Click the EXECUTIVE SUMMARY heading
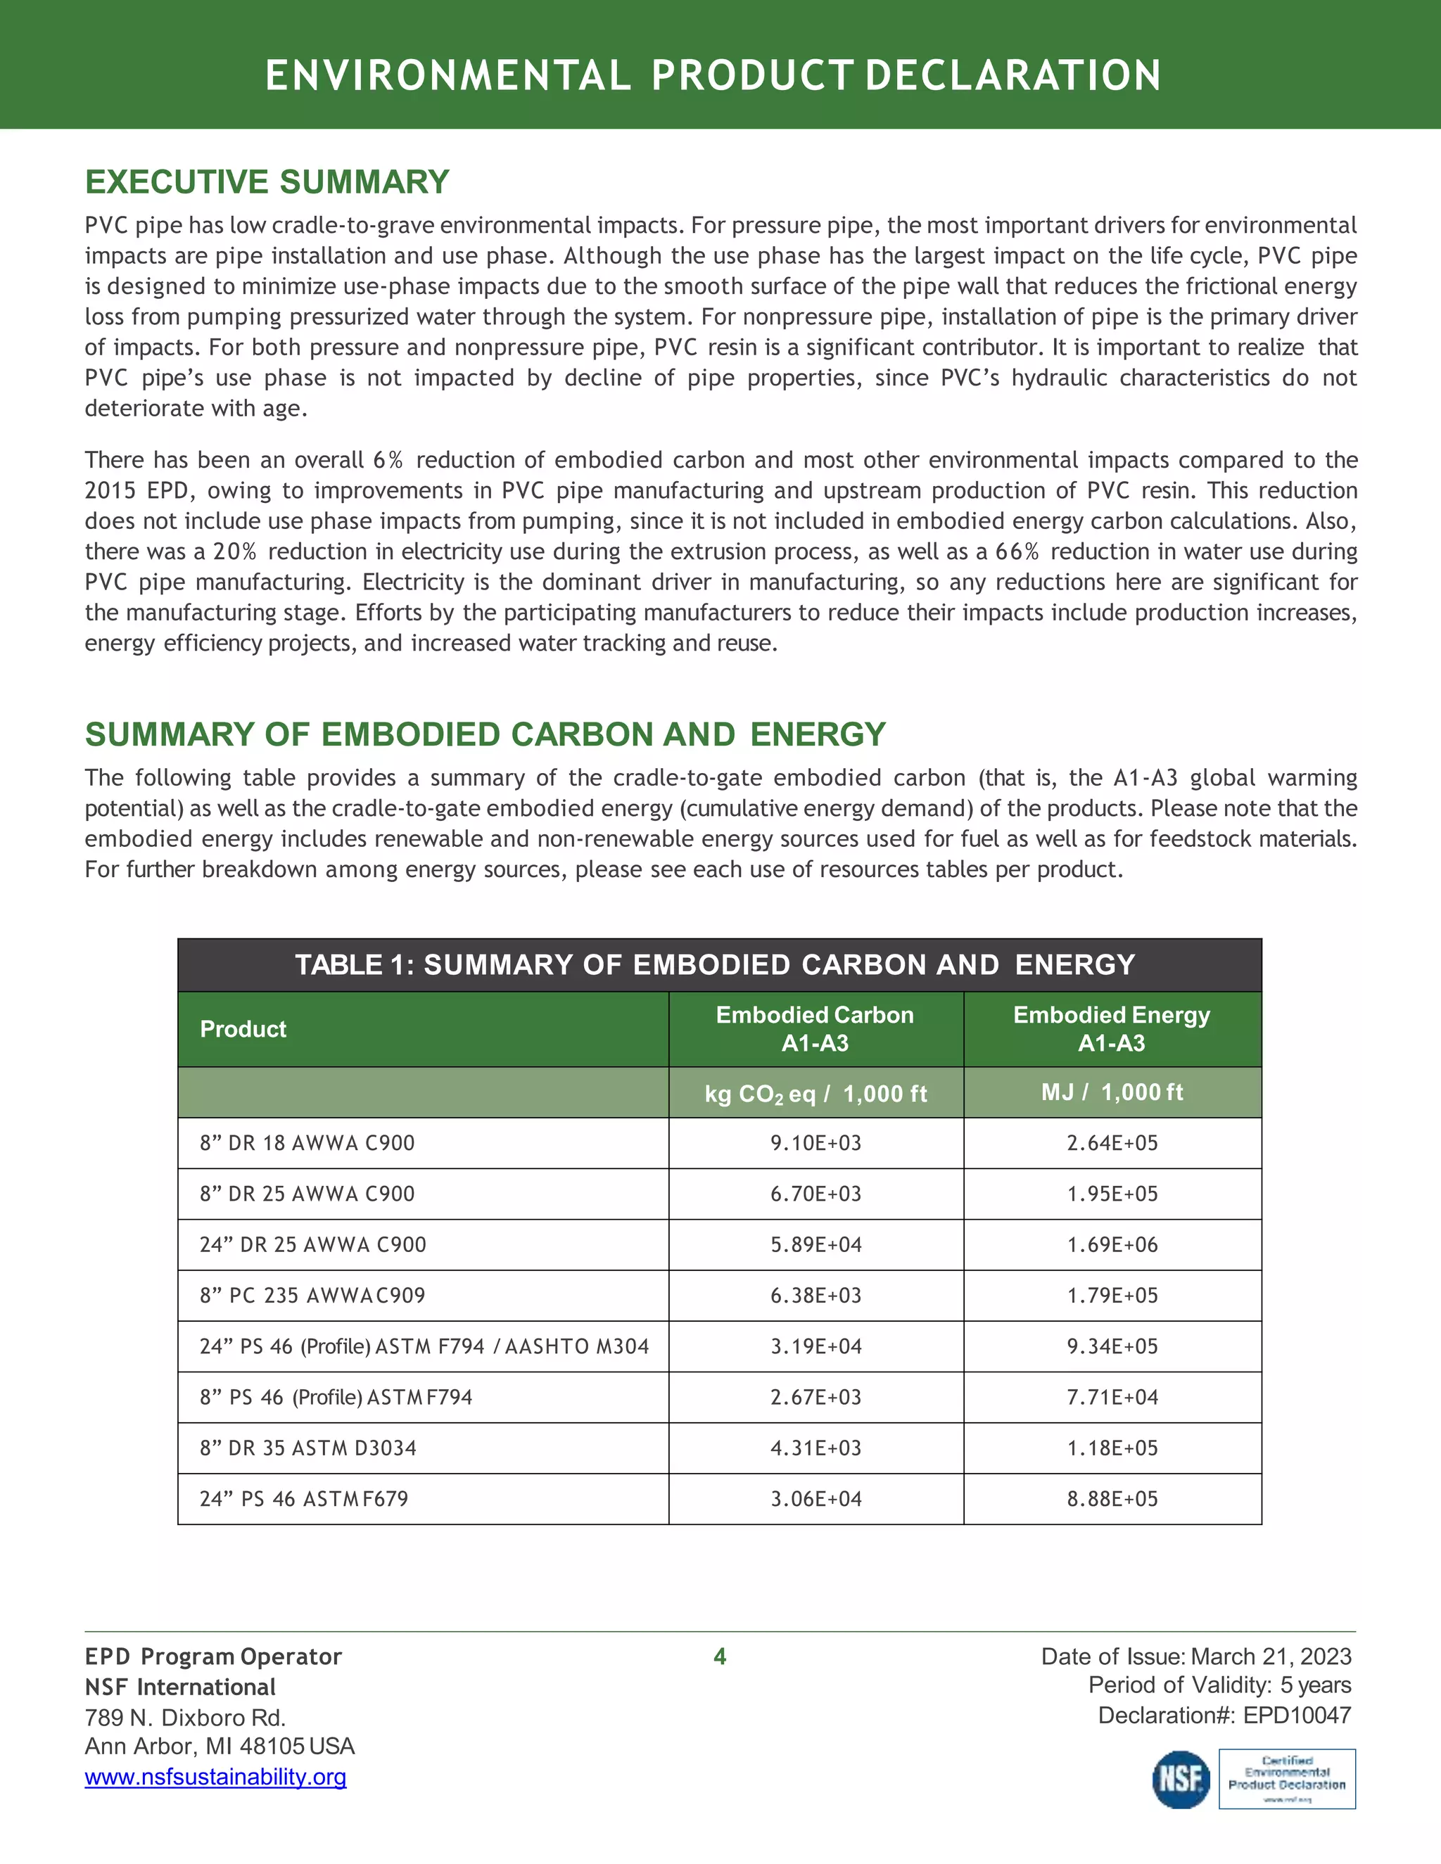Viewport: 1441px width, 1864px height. [267, 181]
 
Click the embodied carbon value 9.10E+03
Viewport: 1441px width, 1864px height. [815, 1143]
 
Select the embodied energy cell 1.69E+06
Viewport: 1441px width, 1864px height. [1112, 1244]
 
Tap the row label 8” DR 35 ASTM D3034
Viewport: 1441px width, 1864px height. [307, 1448]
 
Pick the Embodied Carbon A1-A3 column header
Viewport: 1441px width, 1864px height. [815, 1028]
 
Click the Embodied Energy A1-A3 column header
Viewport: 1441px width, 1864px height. [1112, 1028]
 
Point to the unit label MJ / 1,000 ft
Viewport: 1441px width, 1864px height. [1112, 1092]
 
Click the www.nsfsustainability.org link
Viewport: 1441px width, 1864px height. [215, 1777]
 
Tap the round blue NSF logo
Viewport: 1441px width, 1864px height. [1181, 1780]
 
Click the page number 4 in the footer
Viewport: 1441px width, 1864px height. [720, 1656]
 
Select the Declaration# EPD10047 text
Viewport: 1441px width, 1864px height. [1224, 1716]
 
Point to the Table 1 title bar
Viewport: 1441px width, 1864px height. [719, 964]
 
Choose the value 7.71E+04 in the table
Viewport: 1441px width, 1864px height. [1112, 1397]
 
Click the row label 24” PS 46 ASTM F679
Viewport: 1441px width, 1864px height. [304, 1499]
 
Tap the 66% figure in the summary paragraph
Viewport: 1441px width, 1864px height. [1016, 551]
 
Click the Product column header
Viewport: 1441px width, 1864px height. [243, 1028]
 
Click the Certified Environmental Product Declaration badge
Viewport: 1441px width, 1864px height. [1286, 1779]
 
